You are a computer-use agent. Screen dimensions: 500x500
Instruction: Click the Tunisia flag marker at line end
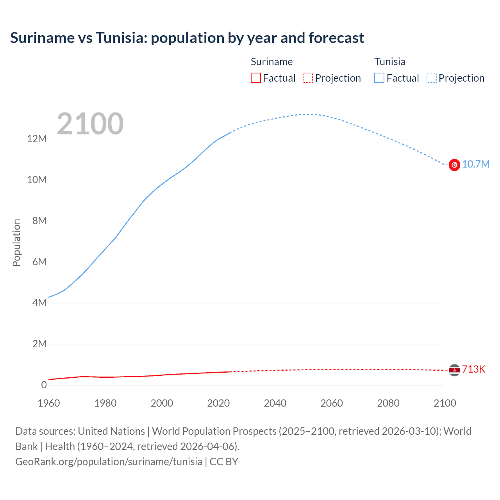(x=454, y=165)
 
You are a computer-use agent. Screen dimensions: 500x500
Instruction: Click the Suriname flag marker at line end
(x=454, y=370)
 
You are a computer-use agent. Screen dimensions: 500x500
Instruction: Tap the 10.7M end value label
(x=475, y=164)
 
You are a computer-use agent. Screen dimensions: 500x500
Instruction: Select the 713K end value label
(x=473, y=370)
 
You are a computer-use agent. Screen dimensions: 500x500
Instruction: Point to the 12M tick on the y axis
(x=37, y=139)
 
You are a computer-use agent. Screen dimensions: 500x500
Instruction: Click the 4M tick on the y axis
(x=39, y=303)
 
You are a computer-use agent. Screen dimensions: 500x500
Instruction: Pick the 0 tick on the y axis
(x=44, y=385)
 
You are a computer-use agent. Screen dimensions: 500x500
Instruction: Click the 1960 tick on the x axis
(x=49, y=403)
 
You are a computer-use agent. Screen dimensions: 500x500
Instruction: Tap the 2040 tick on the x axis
(x=275, y=403)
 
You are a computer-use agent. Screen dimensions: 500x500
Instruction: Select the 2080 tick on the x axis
(x=388, y=403)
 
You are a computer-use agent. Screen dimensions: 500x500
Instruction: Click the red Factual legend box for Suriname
(x=256, y=78)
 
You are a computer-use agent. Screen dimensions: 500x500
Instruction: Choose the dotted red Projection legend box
(x=308, y=78)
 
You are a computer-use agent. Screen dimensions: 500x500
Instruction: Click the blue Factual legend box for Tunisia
(x=379, y=78)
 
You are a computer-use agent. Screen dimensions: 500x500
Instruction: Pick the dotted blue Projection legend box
(x=432, y=78)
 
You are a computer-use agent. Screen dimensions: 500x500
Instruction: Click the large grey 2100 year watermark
(x=90, y=124)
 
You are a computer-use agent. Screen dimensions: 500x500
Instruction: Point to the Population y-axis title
(x=16, y=243)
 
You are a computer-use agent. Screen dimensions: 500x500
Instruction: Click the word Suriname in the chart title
(x=42, y=38)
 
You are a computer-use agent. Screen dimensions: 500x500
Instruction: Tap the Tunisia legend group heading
(x=390, y=62)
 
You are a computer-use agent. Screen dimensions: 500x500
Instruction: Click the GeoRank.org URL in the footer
(x=109, y=461)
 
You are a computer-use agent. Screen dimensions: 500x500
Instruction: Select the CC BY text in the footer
(x=224, y=461)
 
